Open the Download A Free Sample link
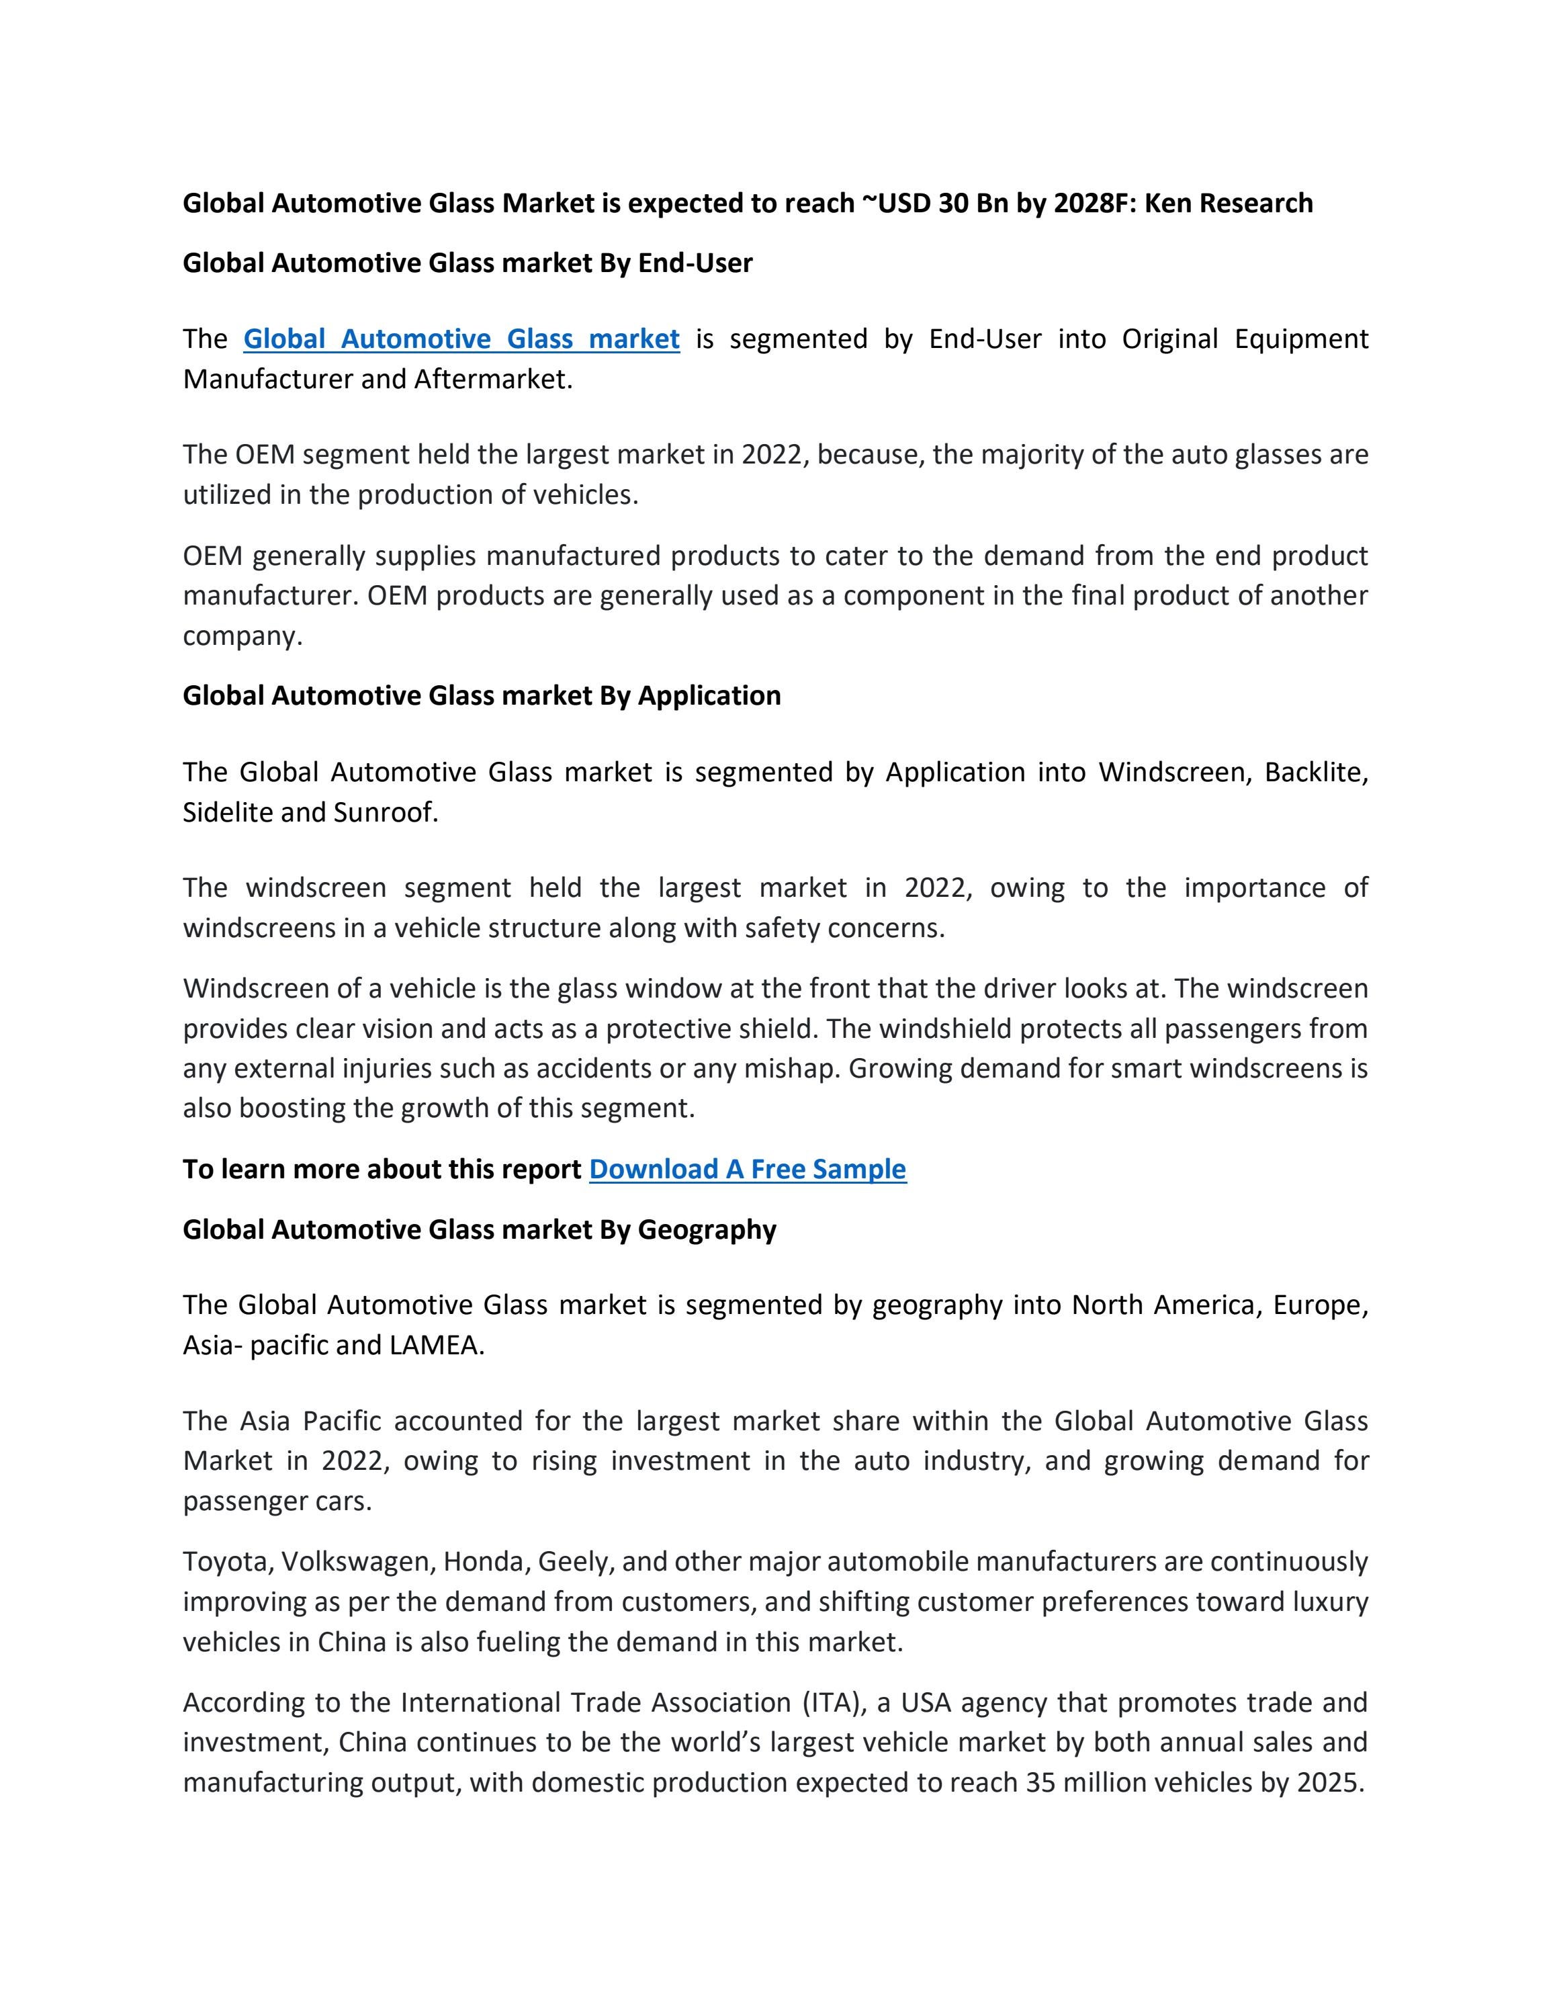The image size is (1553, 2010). coord(747,1169)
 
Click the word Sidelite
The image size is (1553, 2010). coord(228,813)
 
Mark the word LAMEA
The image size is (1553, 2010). coord(436,1346)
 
